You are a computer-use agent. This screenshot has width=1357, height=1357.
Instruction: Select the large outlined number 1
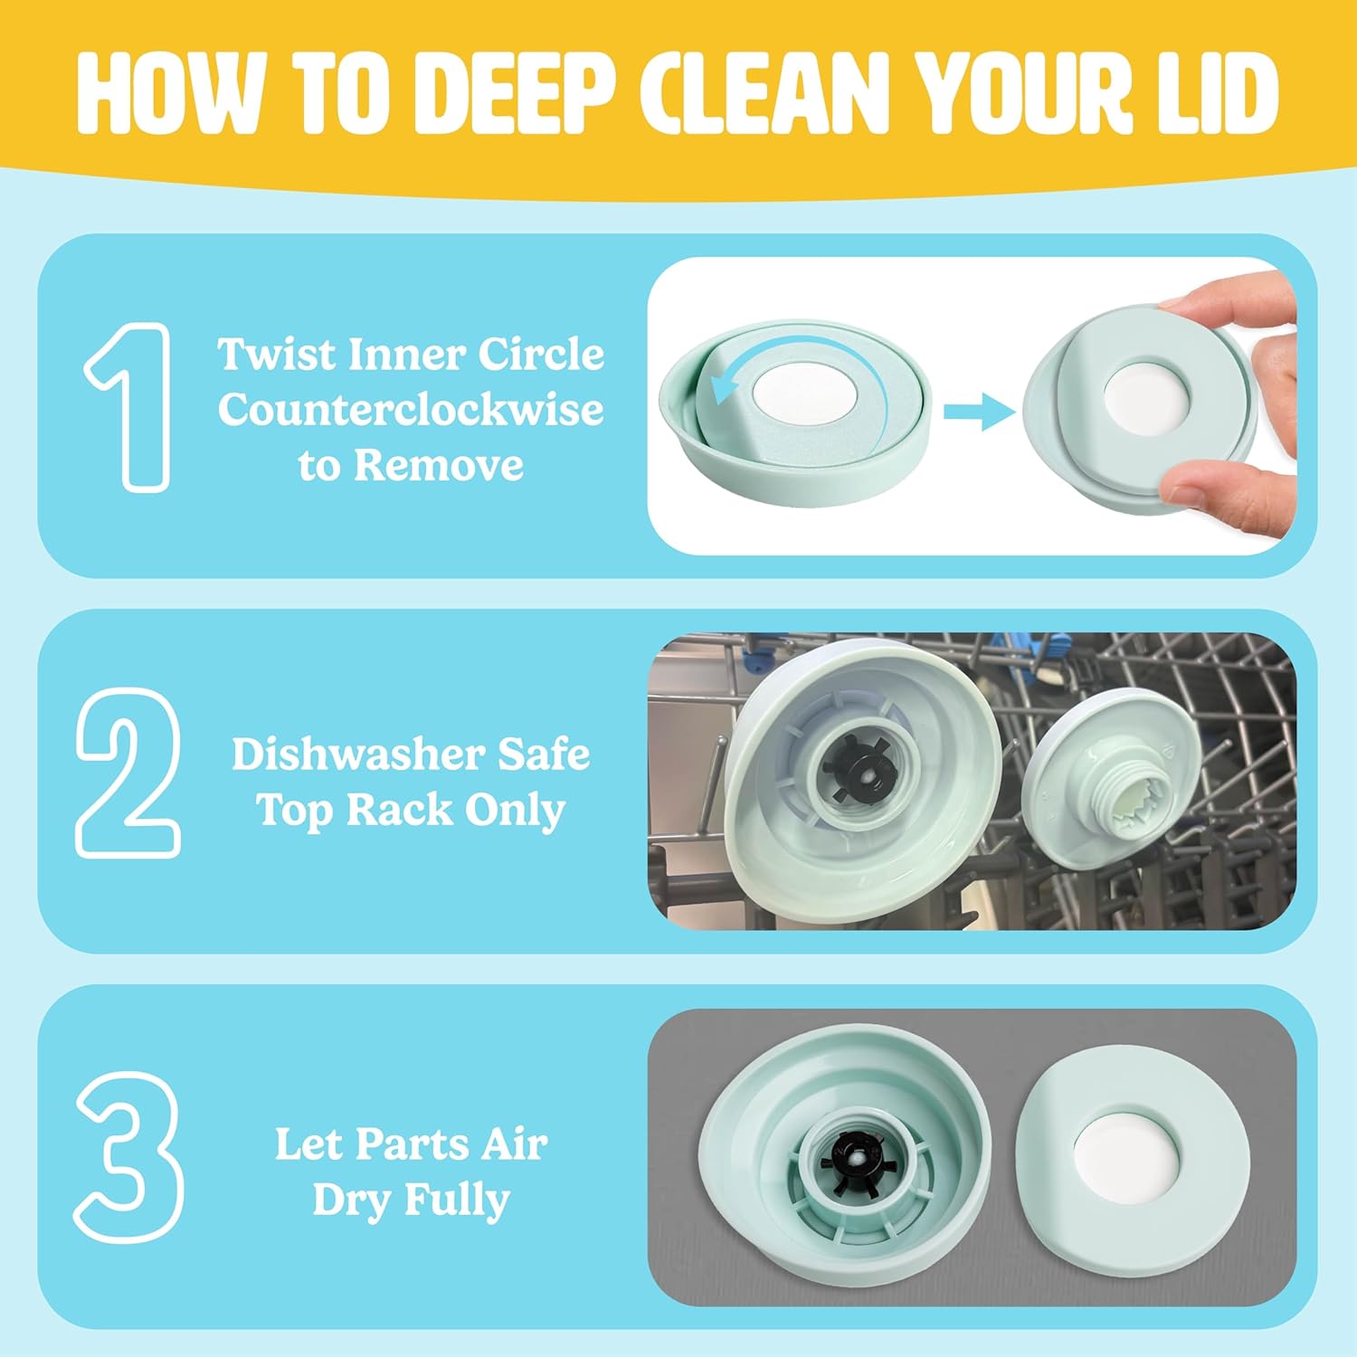point(129,407)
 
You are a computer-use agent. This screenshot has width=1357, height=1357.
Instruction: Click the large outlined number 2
point(128,773)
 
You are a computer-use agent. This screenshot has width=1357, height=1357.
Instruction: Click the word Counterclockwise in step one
point(411,409)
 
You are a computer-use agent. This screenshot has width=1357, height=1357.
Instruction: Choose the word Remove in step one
point(438,465)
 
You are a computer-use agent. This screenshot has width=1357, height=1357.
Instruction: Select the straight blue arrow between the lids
point(979,413)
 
